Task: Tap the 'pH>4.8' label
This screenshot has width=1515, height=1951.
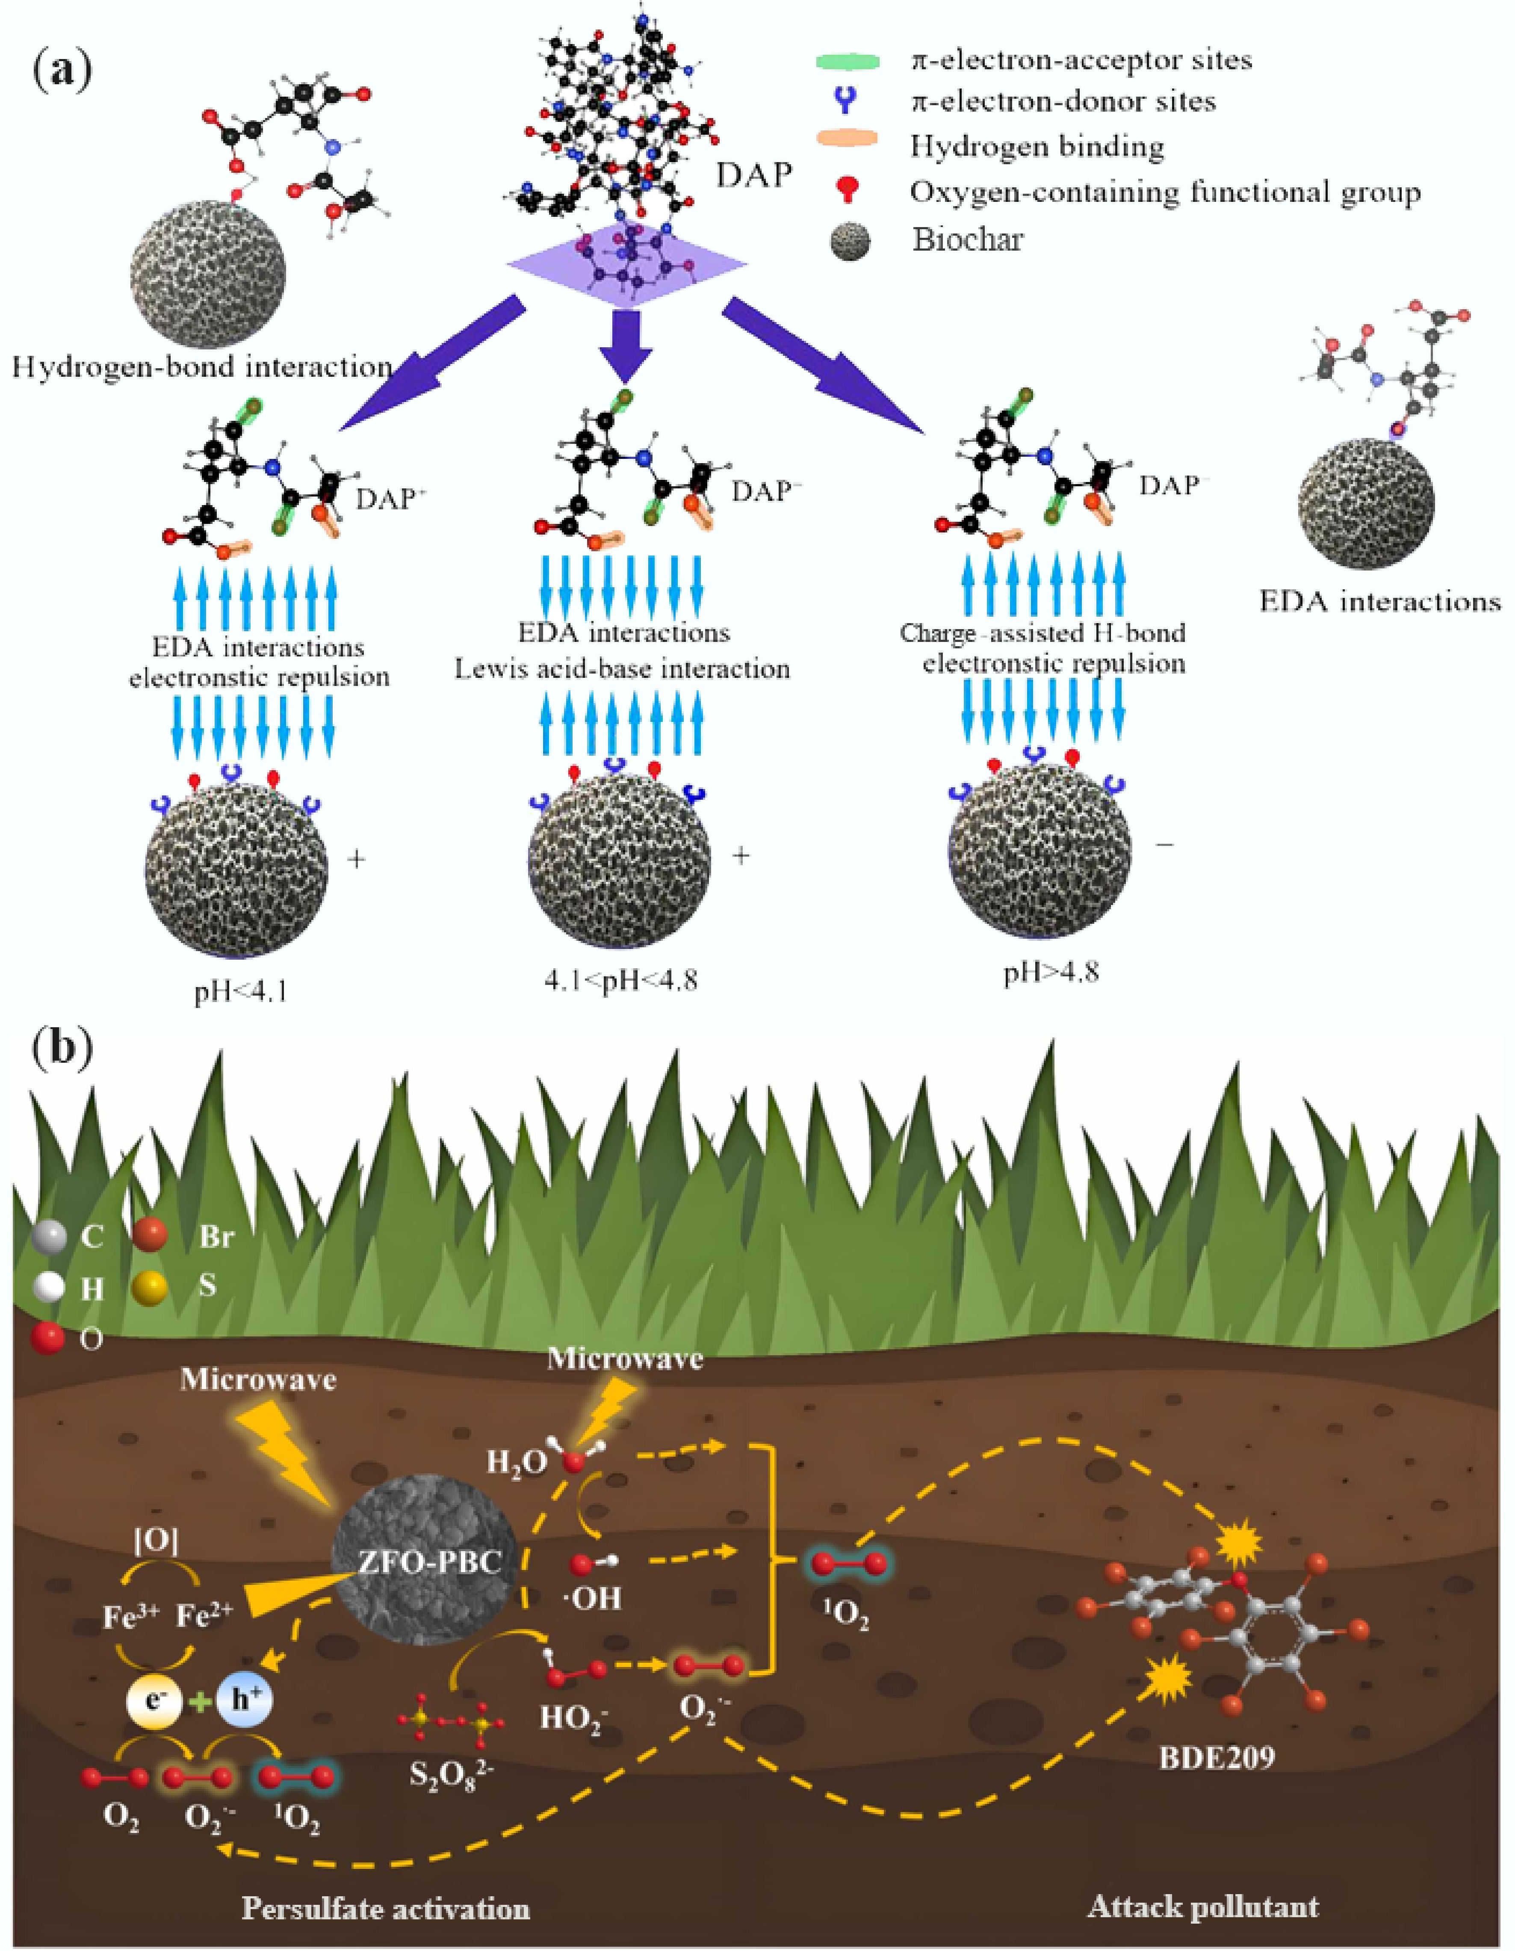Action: tap(1051, 971)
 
